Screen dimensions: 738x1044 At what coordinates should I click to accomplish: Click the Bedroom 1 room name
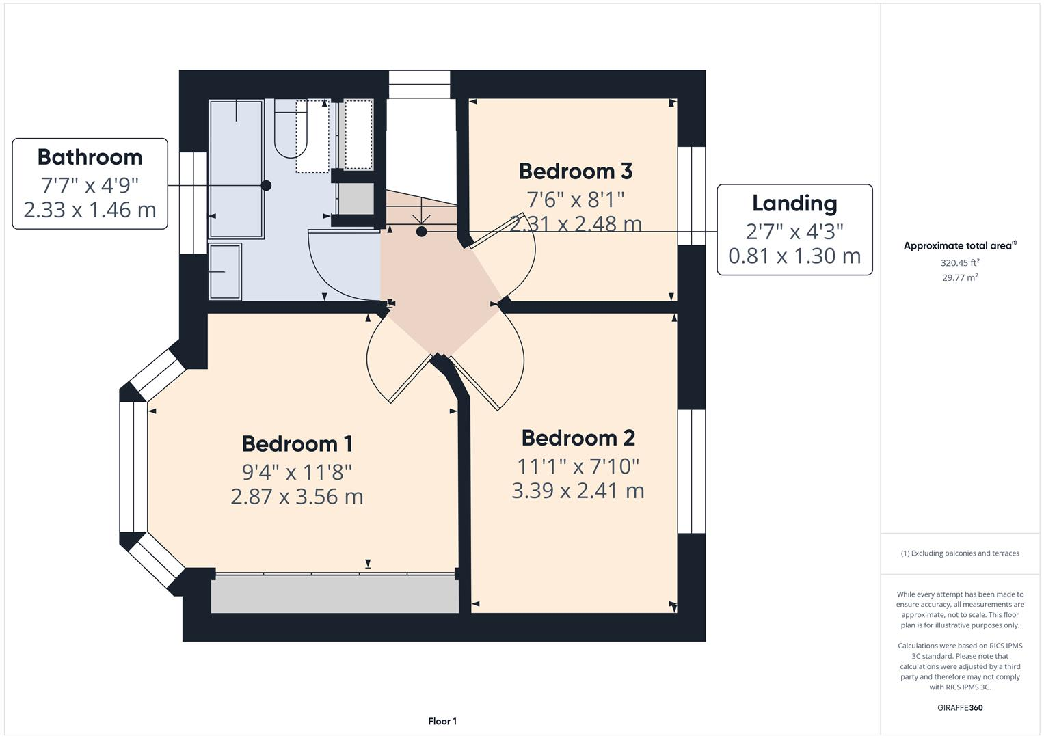pyautogui.click(x=297, y=443)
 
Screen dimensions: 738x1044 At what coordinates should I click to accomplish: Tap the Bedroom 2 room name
pyautogui.click(x=578, y=438)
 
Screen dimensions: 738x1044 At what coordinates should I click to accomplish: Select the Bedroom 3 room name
pyautogui.click(x=575, y=171)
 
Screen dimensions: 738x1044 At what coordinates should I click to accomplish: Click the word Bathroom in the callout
pyautogui.click(x=90, y=157)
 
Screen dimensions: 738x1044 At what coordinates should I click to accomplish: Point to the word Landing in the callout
pyautogui.click(x=794, y=203)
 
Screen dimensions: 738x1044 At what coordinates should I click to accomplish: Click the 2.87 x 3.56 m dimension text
pyautogui.click(x=297, y=496)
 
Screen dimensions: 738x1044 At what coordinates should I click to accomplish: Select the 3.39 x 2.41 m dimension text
pyautogui.click(x=578, y=491)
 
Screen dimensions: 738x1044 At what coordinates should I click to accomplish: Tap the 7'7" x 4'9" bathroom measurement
pyautogui.click(x=90, y=184)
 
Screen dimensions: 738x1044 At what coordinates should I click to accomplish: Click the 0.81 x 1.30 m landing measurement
pyautogui.click(x=794, y=256)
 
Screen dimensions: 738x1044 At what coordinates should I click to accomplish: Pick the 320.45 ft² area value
pyautogui.click(x=959, y=262)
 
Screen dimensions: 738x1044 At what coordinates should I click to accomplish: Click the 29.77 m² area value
pyautogui.click(x=959, y=277)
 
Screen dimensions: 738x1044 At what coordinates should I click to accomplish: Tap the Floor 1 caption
pyautogui.click(x=442, y=721)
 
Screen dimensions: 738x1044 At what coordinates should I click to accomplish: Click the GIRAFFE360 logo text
pyautogui.click(x=959, y=707)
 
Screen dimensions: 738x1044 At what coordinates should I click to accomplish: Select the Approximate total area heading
pyautogui.click(x=959, y=246)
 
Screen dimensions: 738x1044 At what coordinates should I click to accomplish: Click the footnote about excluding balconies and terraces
pyautogui.click(x=959, y=553)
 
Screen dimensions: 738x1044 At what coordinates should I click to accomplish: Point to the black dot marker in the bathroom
pyautogui.click(x=266, y=185)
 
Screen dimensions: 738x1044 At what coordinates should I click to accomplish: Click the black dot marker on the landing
pyautogui.click(x=421, y=232)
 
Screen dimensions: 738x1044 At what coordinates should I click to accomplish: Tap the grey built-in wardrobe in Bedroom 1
pyautogui.click(x=334, y=594)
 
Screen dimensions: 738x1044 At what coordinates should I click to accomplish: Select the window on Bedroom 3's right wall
pyautogui.click(x=691, y=195)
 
